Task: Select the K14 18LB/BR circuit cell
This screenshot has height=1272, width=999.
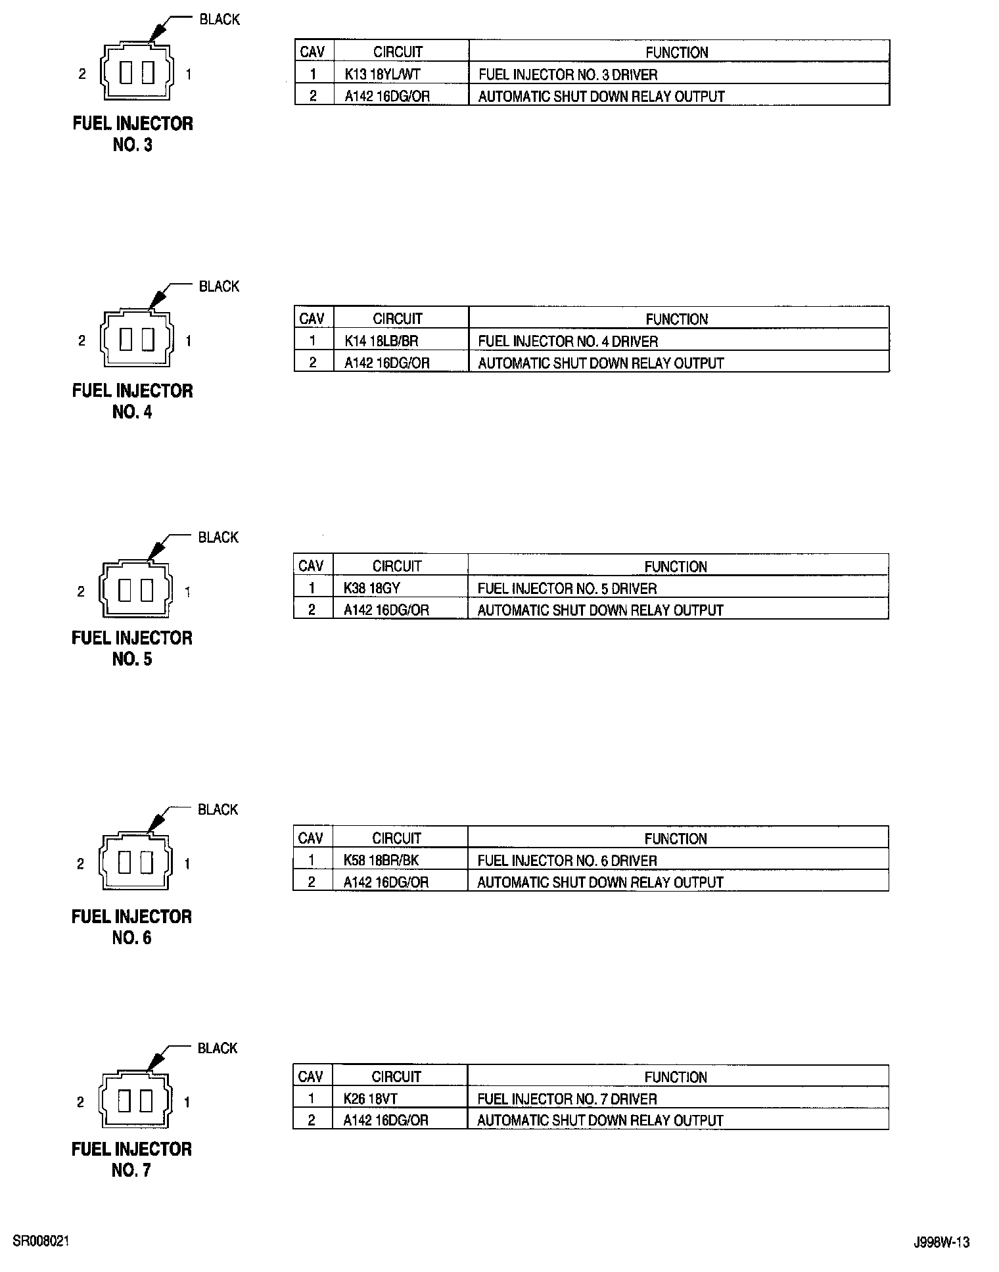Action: (x=381, y=341)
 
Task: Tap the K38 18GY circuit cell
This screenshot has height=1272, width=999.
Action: (x=371, y=588)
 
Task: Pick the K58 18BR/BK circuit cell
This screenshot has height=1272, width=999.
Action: (x=381, y=860)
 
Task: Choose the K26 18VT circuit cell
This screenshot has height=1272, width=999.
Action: (x=370, y=1099)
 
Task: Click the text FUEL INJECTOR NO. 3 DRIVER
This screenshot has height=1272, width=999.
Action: (x=568, y=74)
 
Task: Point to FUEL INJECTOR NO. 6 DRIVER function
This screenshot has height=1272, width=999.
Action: (x=567, y=860)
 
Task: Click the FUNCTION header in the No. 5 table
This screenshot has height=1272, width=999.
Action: (x=676, y=566)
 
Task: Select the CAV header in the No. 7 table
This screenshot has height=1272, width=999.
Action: (x=310, y=1077)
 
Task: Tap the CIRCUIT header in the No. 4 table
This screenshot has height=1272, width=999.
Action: (x=398, y=319)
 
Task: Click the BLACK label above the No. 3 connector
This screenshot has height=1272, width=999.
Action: (x=220, y=20)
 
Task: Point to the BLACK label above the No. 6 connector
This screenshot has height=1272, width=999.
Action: (x=218, y=809)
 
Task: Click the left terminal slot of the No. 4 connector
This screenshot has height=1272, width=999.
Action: (x=126, y=340)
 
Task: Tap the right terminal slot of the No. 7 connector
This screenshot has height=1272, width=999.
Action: (x=146, y=1101)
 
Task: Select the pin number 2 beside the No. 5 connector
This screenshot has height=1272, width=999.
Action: (x=81, y=592)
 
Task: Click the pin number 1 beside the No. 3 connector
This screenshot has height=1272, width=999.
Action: (x=189, y=74)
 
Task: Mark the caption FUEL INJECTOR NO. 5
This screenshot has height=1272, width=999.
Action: (x=132, y=648)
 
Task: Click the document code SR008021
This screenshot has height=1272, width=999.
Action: (x=41, y=1241)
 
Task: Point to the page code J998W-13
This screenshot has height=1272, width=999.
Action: (x=941, y=1242)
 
